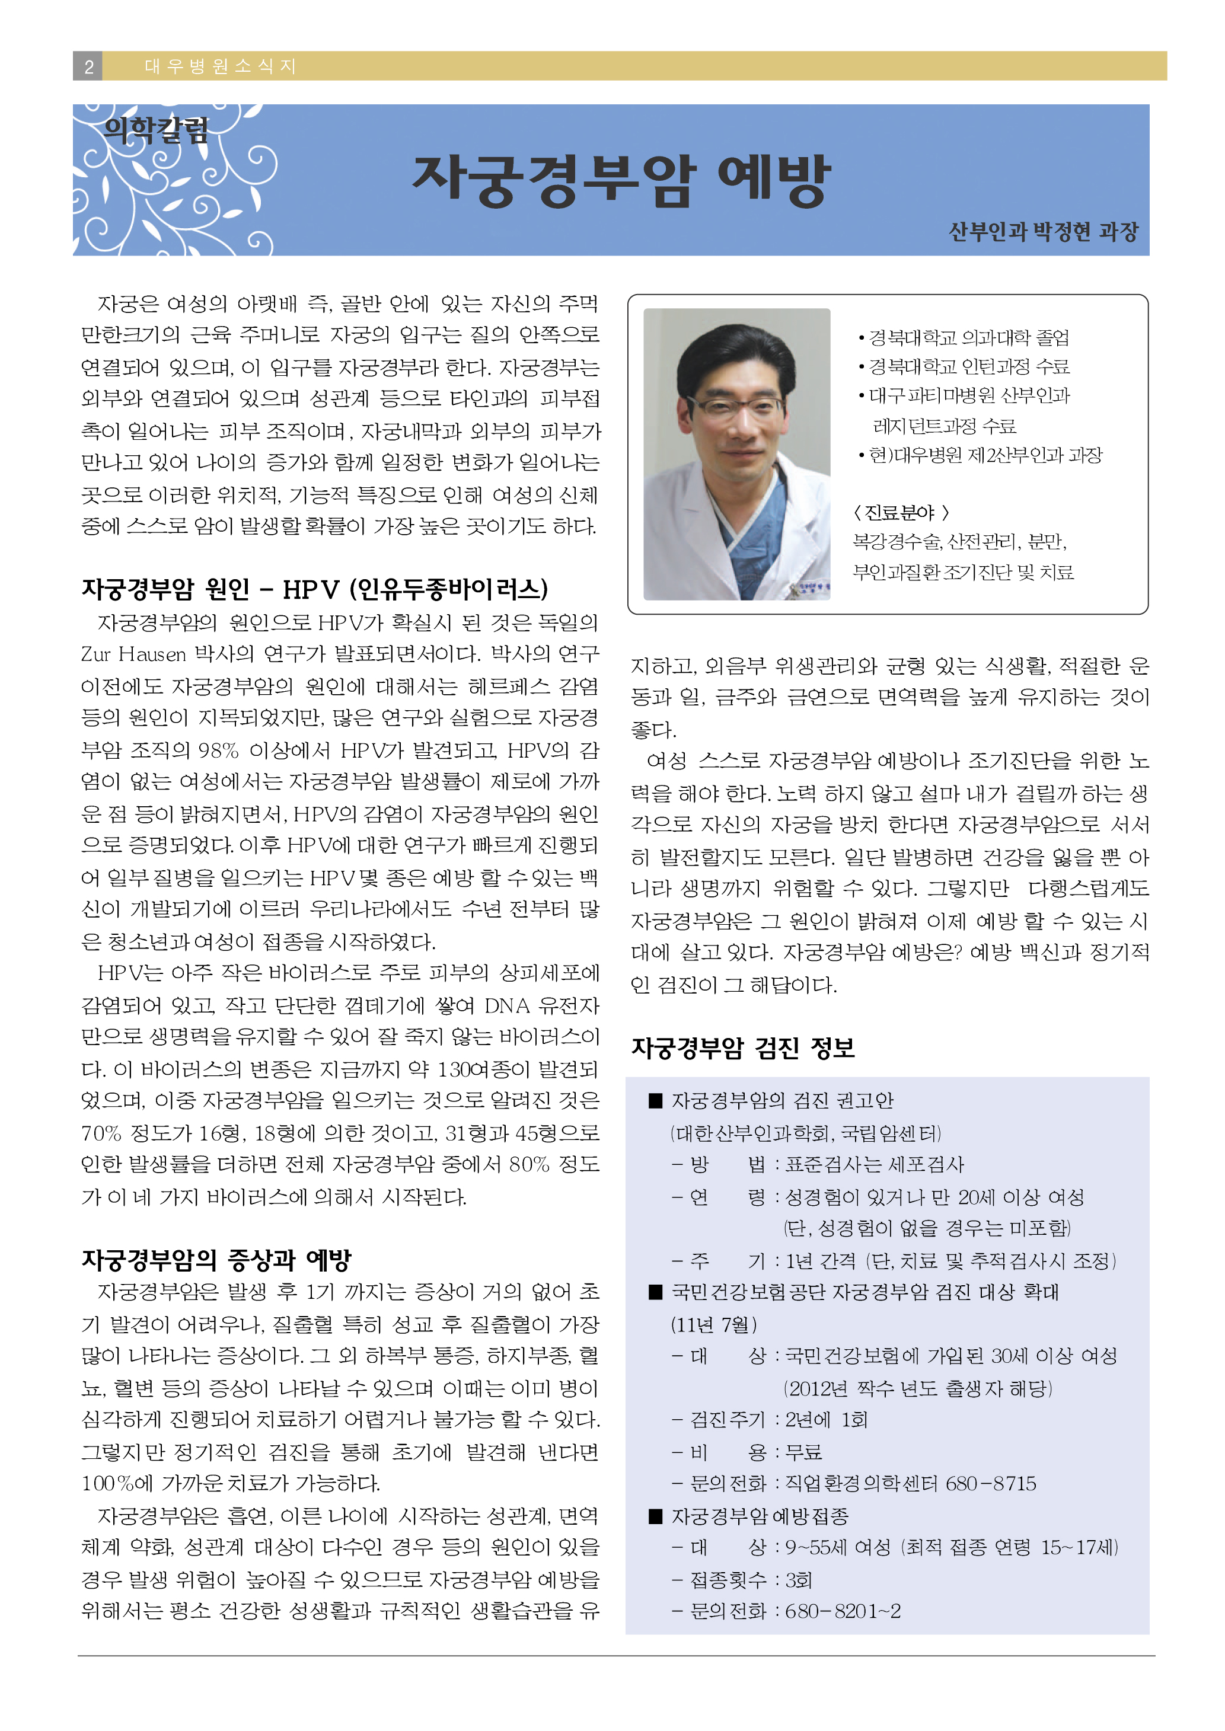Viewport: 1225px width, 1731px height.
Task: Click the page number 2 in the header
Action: [x=88, y=66]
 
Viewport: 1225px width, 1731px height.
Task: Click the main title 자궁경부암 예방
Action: [x=621, y=181]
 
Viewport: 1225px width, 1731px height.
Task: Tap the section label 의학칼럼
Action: [x=156, y=130]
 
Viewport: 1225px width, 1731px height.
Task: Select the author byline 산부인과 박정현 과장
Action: [x=1042, y=231]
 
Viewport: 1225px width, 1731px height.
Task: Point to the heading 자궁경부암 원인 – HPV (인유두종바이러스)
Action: [x=314, y=589]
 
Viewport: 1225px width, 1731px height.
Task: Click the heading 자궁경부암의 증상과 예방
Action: [x=216, y=1259]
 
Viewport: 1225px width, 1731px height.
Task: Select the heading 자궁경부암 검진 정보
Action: [x=742, y=1047]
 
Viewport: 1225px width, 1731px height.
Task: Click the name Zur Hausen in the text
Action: [x=133, y=654]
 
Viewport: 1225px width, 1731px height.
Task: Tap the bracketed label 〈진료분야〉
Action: [x=901, y=513]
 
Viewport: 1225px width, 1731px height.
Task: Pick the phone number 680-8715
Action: [x=990, y=1484]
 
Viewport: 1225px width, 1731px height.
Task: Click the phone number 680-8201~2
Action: [x=843, y=1611]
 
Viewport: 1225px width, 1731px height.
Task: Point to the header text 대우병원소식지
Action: [x=219, y=66]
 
